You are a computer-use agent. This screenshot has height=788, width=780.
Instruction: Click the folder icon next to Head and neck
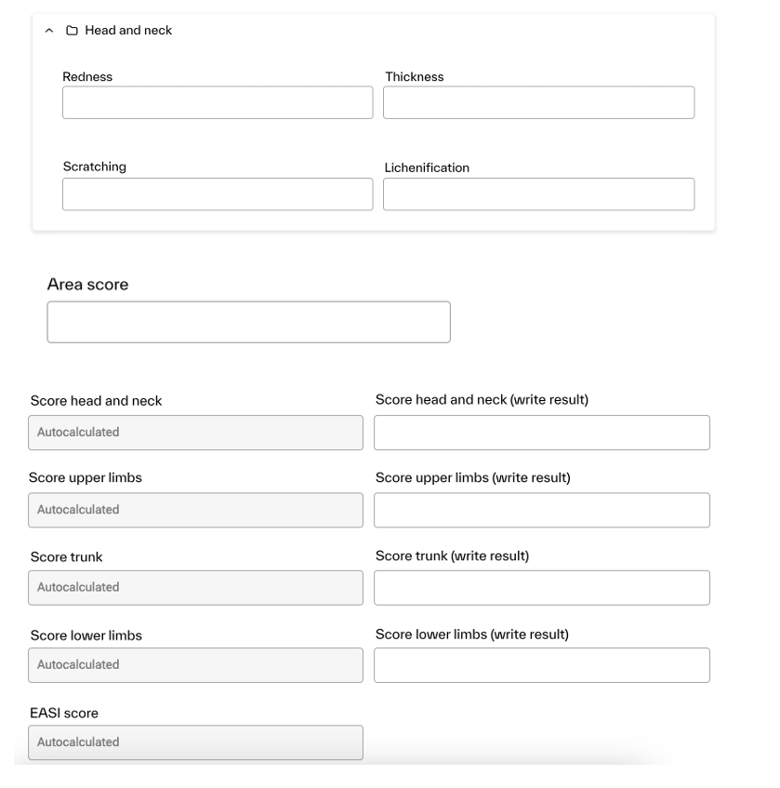pyautogui.click(x=71, y=31)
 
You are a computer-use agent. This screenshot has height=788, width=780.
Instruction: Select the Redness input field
pyautogui.click(x=218, y=102)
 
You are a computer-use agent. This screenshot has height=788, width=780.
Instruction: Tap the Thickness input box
pyautogui.click(x=538, y=102)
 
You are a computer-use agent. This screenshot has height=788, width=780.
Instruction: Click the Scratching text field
pyautogui.click(x=218, y=194)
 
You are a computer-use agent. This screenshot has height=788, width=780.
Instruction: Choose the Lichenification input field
pyautogui.click(x=538, y=194)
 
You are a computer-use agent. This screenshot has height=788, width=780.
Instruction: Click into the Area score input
pyautogui.click(x=248, y=322)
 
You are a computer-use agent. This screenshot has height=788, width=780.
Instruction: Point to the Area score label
pyautogui.click(x=87, y=285)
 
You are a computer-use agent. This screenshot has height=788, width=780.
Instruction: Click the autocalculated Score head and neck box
pyautogui.click(x=195, y=433)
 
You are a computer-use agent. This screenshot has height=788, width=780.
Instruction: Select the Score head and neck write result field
pyautogui.click(x=541, y=433)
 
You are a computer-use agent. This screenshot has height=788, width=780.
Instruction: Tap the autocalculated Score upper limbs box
pyautogui.click(x=195, y=510)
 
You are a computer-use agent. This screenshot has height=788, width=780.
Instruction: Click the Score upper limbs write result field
pyautogui.click(x=541, y=510)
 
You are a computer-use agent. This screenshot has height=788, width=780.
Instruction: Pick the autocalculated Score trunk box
pyautogui.click(x=195, y=588)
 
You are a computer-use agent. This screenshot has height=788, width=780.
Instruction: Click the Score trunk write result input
pyautogui.click(x=541, y=588)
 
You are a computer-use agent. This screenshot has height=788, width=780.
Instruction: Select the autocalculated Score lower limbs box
pyautogui.click(x=195, y=665)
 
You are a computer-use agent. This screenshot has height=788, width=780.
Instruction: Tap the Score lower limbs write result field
pyautogui.click(x=541, y=665)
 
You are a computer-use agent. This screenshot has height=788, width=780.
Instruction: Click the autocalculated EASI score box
pyautogui.click(x=195, y=742)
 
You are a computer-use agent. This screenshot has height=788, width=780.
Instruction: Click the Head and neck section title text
pyautogui.click(x=128, y=31)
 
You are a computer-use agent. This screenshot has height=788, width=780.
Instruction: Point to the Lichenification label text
pyautogui.click(x=427, y=168)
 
